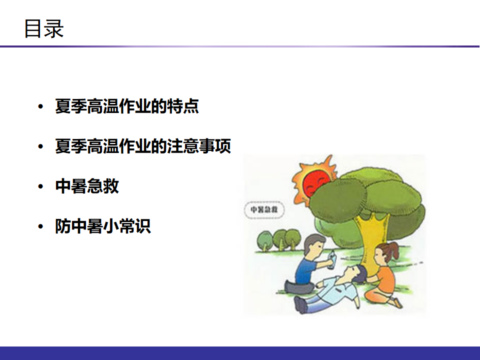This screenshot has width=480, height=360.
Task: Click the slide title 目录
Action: tap(44, 28)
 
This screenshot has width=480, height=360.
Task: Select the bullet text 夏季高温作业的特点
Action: tap(127, 106)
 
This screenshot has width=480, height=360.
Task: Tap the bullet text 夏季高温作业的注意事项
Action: tap(143, 146)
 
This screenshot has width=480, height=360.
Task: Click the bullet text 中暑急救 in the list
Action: tap(87, 186)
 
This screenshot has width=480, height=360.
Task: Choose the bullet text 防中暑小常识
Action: tap(103, 226)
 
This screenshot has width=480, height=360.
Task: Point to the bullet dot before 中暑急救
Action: tap(40, 186)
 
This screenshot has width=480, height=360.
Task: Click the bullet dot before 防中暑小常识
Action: tap(40, 226)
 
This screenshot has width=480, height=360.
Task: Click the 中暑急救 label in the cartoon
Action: tap(264, 209)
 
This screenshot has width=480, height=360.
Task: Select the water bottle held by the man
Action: tap(331, 259)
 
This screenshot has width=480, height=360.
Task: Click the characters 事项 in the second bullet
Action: tap(215, 146)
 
